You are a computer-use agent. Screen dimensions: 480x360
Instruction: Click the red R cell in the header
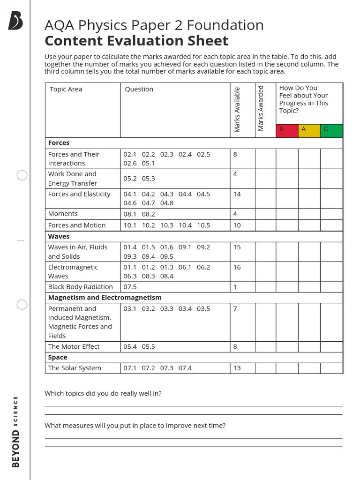coord(287,130)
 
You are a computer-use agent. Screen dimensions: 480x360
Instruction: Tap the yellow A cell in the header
coord(309,130)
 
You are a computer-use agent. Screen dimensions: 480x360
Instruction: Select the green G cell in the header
coord(331,130)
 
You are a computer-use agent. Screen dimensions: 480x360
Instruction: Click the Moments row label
coord(63,214)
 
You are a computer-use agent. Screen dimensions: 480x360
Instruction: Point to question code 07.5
coord(130,287)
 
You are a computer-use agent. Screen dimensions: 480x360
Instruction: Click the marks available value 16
coord(237,267)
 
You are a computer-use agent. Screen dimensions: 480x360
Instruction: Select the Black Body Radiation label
coord(80,287)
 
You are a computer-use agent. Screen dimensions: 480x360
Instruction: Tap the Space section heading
coord(58,357)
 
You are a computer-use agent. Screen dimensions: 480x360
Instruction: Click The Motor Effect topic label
coord(74,346)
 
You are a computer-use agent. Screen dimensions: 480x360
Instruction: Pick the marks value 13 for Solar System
coord(237,368)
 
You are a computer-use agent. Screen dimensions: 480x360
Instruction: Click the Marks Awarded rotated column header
coord(261,109)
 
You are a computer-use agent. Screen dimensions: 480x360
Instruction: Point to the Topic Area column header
coord(66,89)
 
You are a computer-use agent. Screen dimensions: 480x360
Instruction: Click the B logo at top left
coord(15,22)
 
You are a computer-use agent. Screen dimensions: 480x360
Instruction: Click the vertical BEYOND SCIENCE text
coord(16,431)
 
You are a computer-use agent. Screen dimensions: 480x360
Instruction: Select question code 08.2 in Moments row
coord(148,214)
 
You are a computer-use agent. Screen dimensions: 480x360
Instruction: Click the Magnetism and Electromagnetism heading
coord(105,298)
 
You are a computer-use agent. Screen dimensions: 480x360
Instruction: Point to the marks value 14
coord(237,194)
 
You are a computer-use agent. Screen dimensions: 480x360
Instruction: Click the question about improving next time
coord(135,426)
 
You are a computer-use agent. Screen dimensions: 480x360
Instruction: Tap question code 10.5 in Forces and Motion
coord(203,225)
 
